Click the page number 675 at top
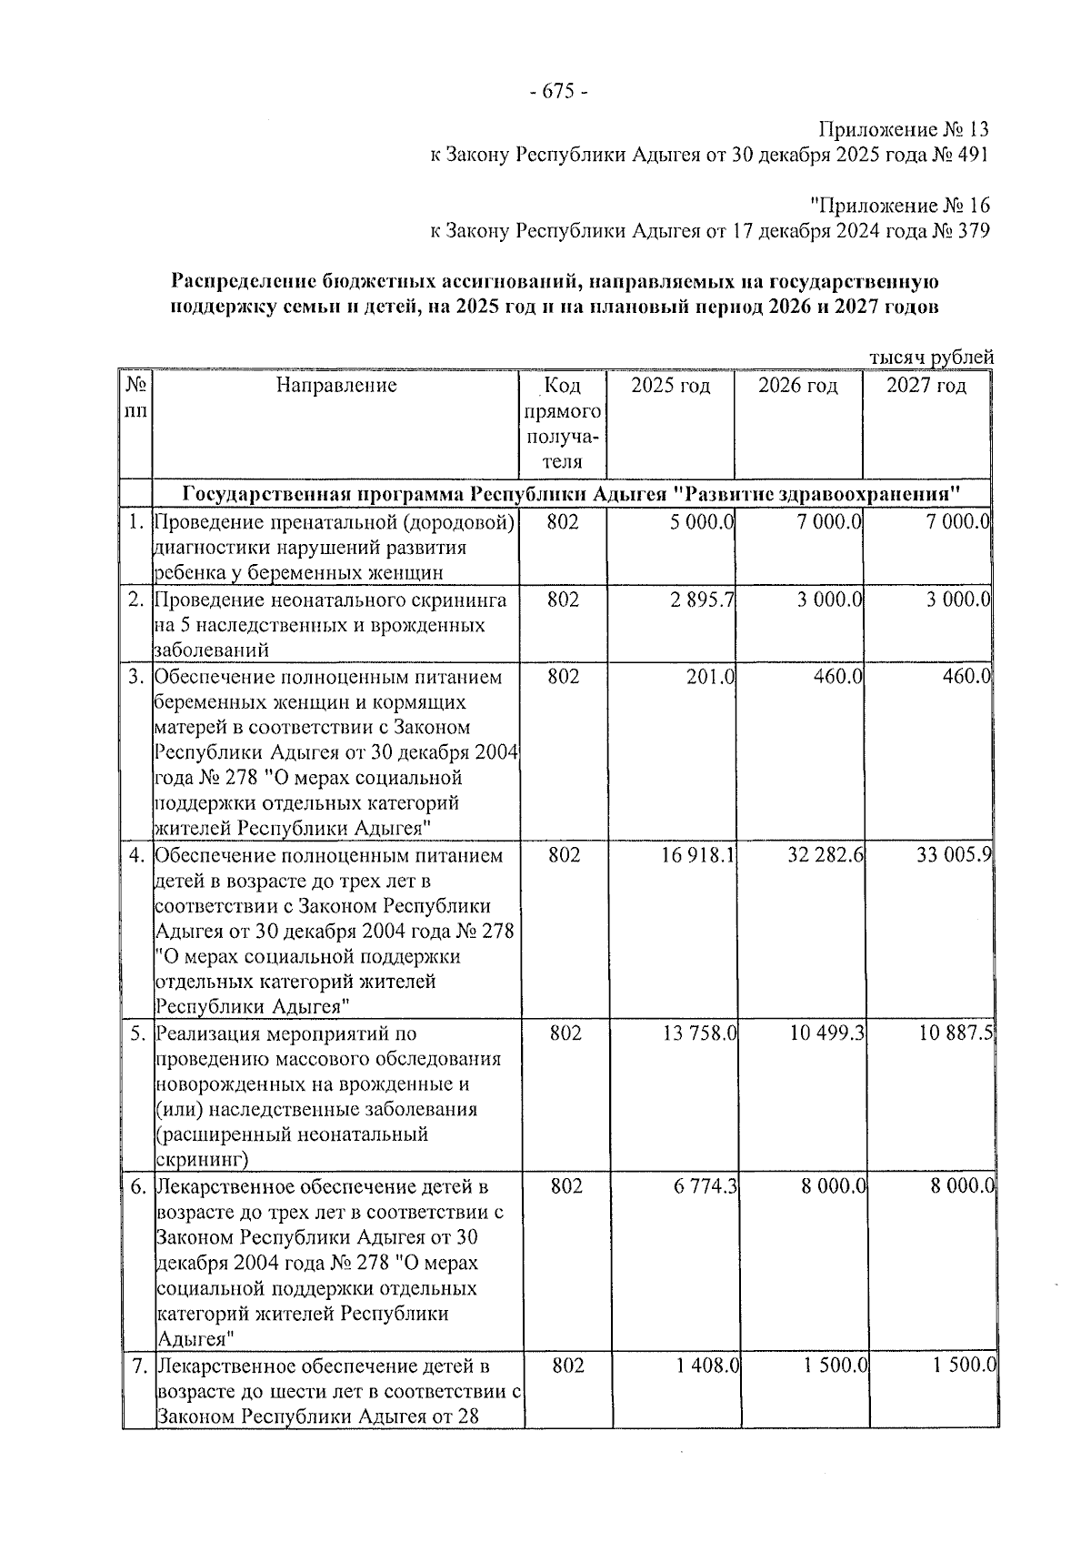[558, 92]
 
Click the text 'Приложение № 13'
[903, 129]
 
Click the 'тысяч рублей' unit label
[931, 358]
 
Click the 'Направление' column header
[336, 386]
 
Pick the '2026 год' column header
[797, 386]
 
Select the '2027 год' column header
[926, 386]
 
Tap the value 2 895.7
[705, 600]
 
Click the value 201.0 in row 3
[710, 678]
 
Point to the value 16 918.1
[699, 856]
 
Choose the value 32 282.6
[826, 856]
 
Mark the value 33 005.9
[954, 856]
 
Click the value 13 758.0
[699, 1034]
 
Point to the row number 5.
[135, 1034]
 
